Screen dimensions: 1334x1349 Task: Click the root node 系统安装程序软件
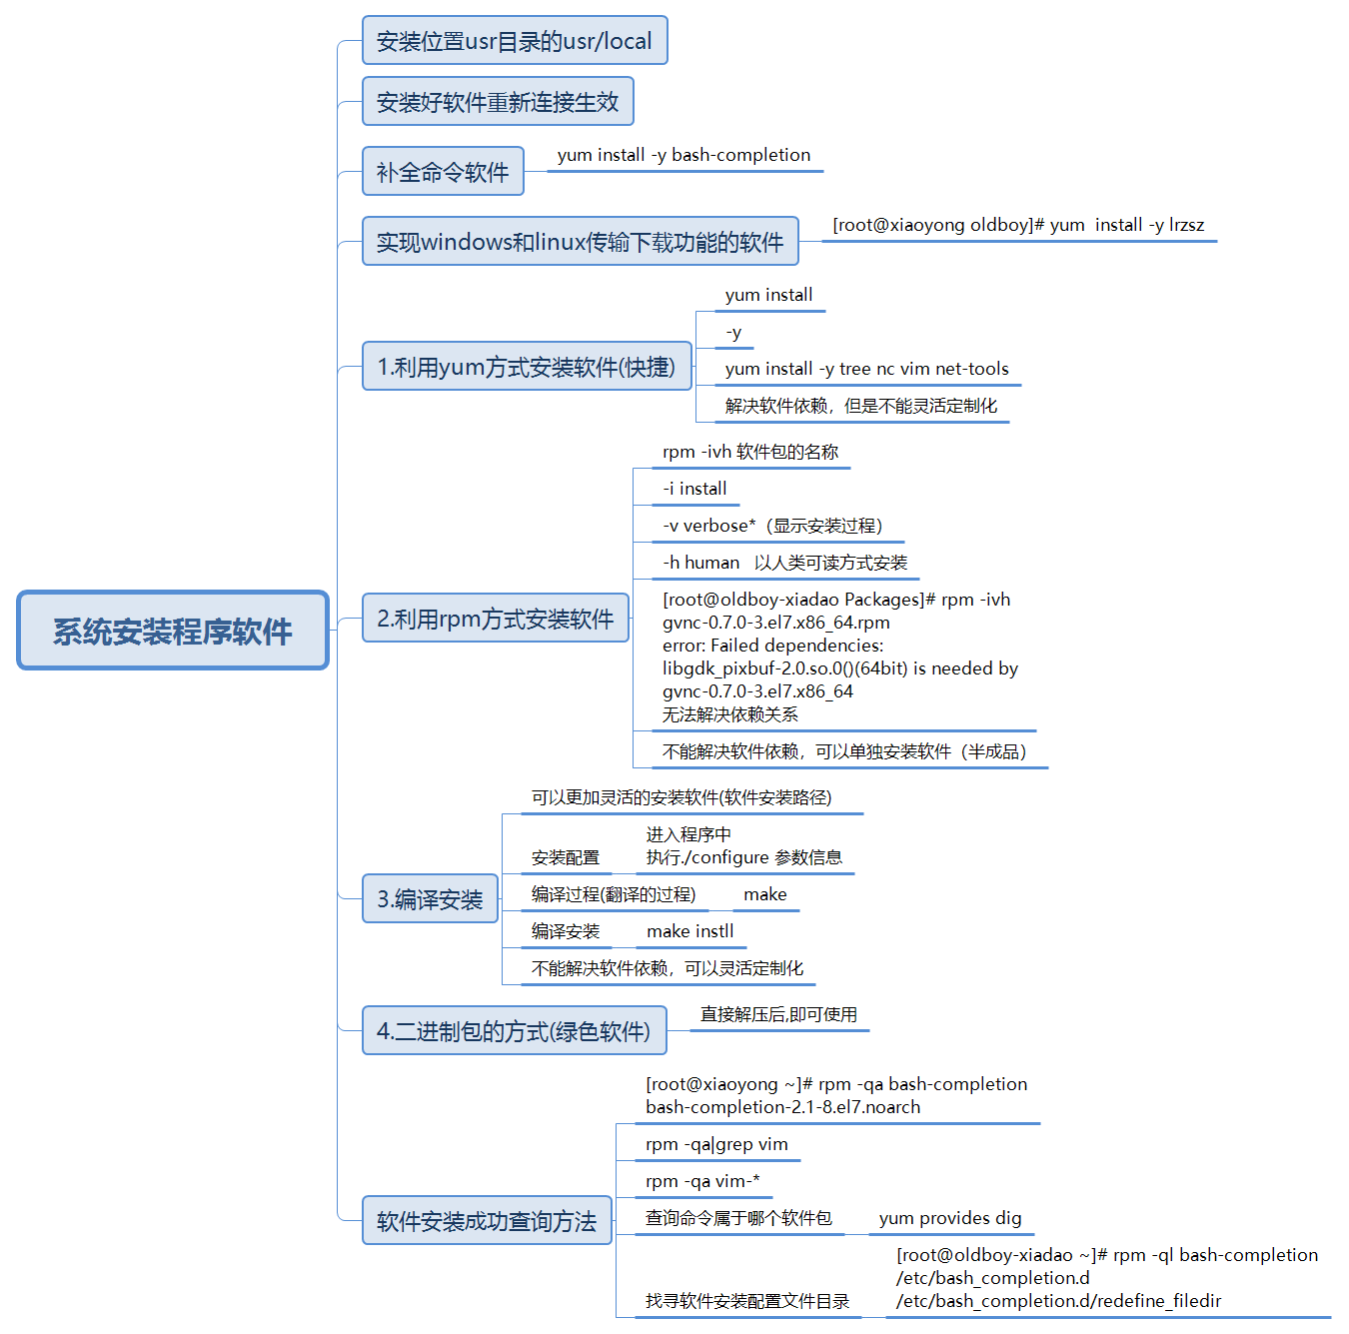(x=173, y=631)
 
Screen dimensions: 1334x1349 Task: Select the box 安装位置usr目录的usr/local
(x=514, y=41)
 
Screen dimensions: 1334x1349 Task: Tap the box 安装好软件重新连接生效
(x=498, y=102)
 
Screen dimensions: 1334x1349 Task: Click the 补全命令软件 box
(x=443, y=172)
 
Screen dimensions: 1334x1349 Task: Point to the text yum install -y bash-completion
(x=683, y=155)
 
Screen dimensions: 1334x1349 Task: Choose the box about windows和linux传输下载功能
(x=580, y=242)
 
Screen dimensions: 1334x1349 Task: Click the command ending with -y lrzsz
(x=1018, y=225)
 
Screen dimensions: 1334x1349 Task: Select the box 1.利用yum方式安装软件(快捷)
(x=527, y=367)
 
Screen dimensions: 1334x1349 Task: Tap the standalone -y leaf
(x=733, y=332)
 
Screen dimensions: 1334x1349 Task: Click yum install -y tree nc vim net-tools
(x=866, y=369)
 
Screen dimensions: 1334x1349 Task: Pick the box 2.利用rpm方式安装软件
(x=496, y=619)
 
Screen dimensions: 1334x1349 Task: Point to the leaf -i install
(x=694, y=489)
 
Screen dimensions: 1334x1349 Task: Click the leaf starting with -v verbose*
(x=772, y=526)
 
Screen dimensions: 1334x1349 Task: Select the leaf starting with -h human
(x=784, y=563)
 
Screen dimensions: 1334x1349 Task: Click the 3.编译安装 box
(x=430, y=899)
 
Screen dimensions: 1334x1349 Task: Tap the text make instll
(x=689, y=931)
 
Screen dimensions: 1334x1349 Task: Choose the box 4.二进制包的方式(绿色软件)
(x=514, y=1031)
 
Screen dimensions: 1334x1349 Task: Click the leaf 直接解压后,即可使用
(x=778, y=1014)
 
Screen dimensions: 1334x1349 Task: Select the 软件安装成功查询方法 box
(x=487, y=1221)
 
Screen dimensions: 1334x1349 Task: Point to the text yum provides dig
(x=950, y=1218)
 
